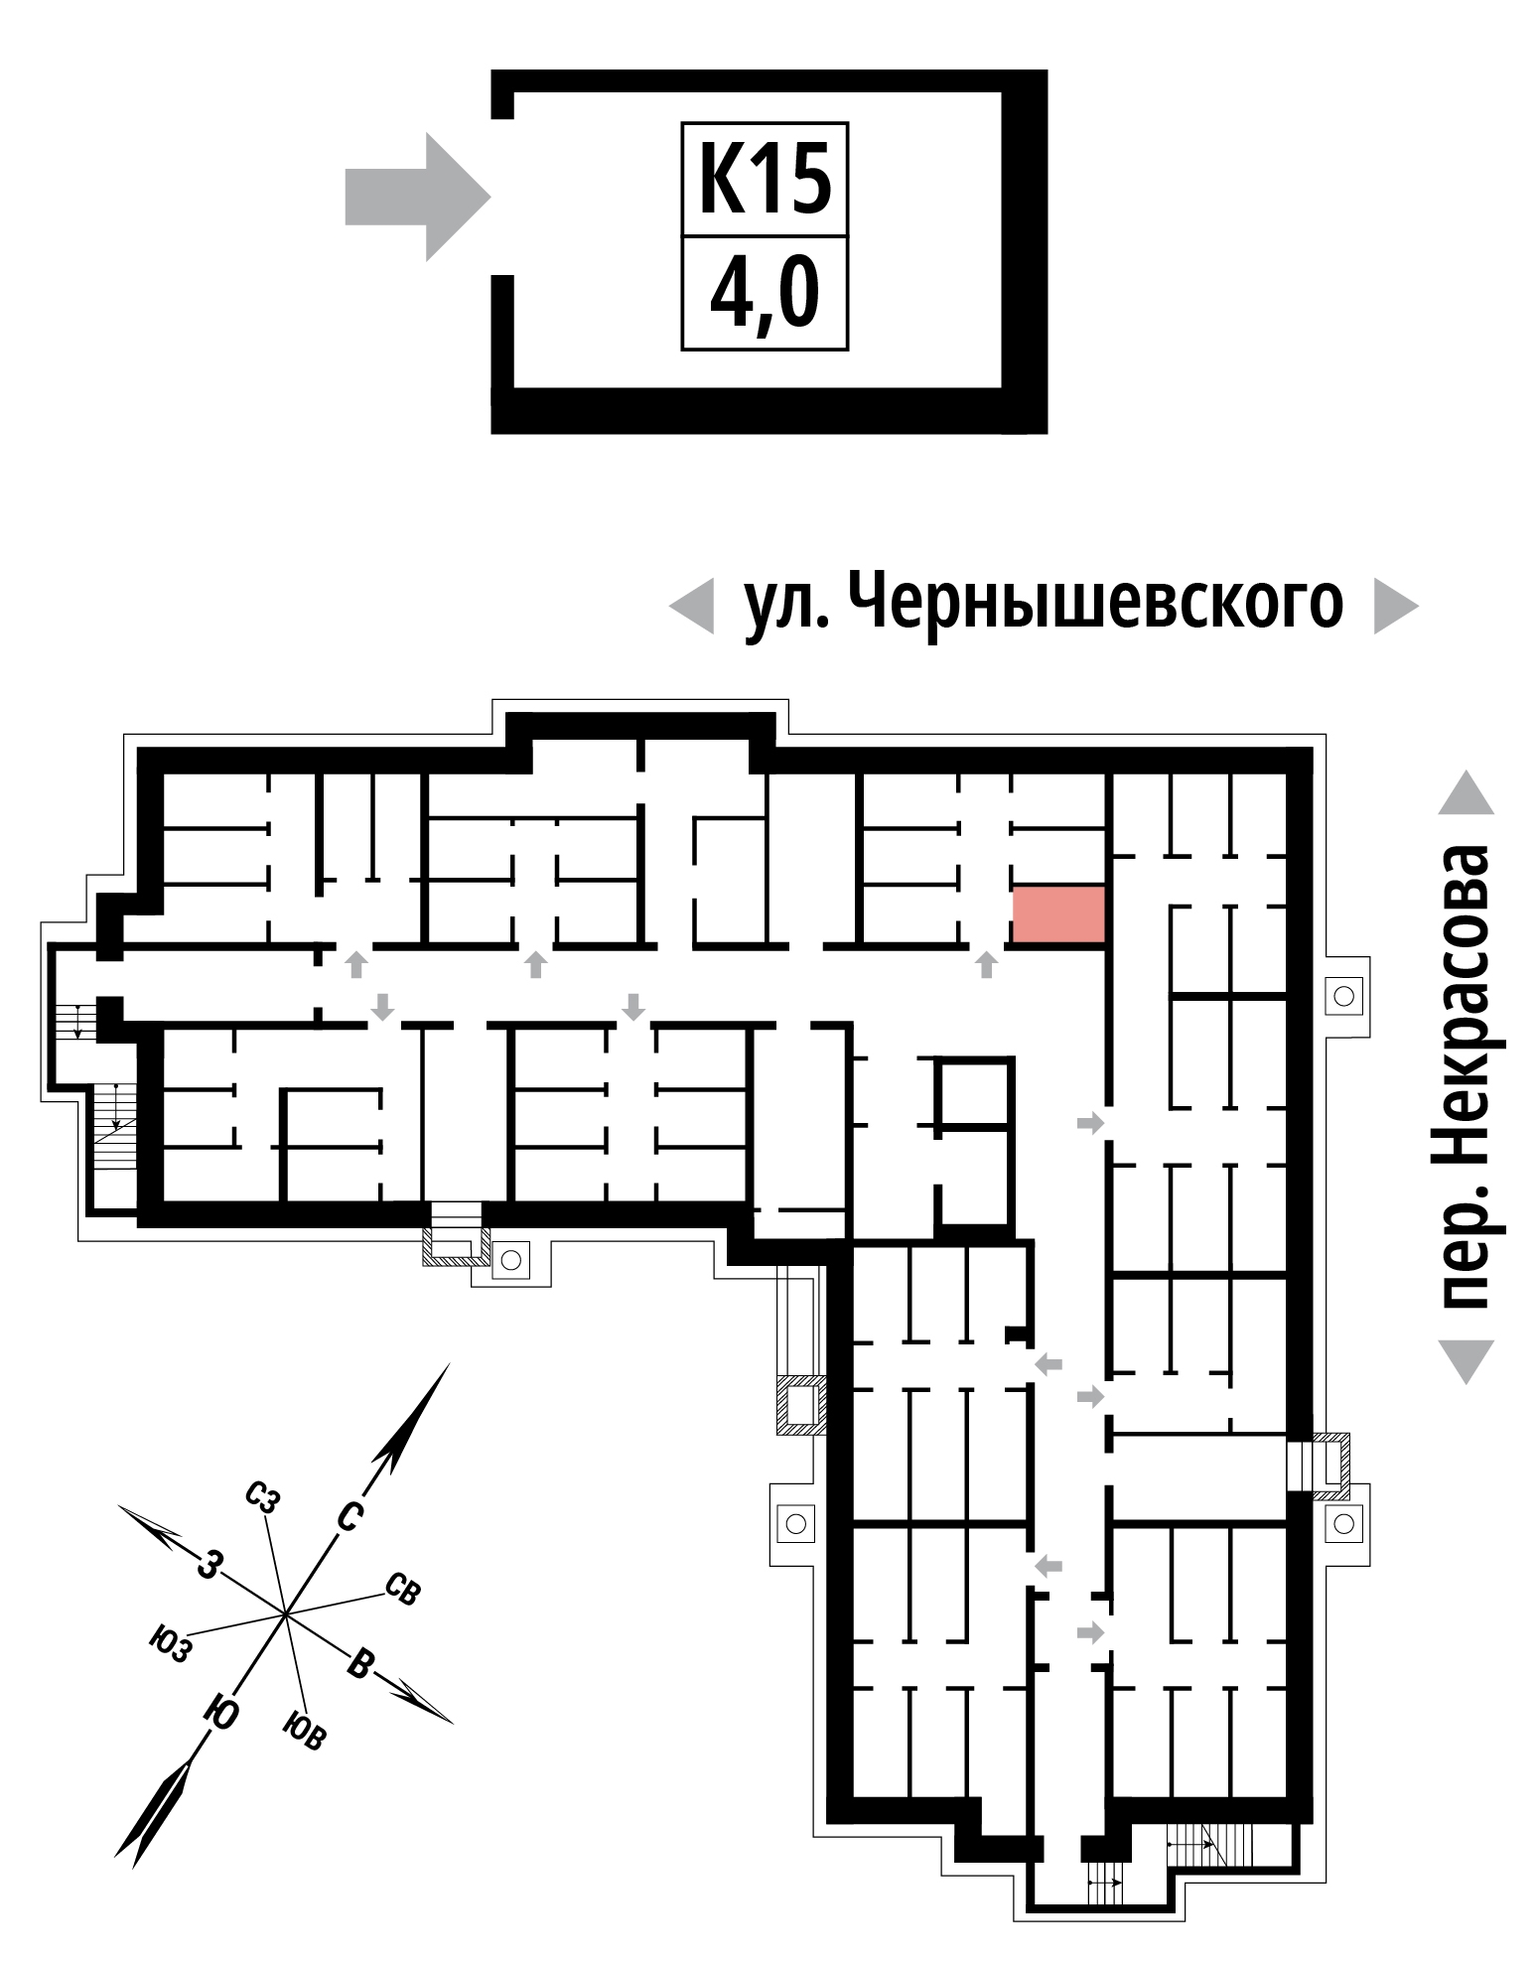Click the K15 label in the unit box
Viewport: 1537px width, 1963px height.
pyautogui.click(x=765, y=180)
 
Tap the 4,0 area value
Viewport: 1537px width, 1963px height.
pyautogui.click(x=765, y=295)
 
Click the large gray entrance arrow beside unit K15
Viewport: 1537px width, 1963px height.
pyautogui.click(x=418, y=197)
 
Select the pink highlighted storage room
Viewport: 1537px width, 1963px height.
pyautogui.click(x=1058, y=914)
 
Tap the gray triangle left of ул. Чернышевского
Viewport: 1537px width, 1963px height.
pyautogui.click(x=691, y=606)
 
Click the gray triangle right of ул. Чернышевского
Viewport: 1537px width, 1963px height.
pyautogui.click(x=1396, y=606)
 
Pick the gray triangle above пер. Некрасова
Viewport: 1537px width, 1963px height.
pyautogui.click(x=1466, y=791)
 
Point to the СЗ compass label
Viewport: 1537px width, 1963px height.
pyautogui.click(x=262, y=1498)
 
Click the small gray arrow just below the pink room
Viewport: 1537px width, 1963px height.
pyautogui.click(x=986, y=964)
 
